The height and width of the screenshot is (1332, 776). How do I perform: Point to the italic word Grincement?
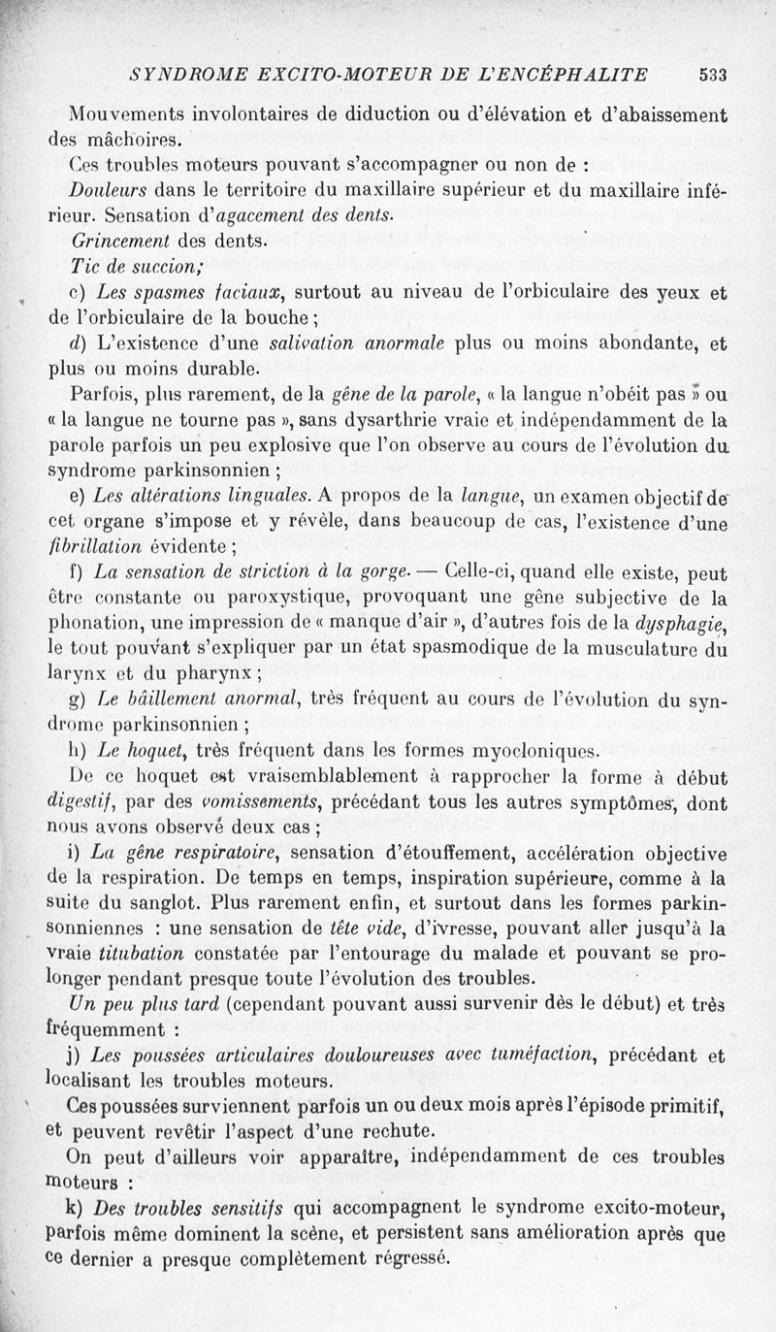click(120, 240)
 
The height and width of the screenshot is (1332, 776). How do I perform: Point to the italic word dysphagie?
click(683, 623)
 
